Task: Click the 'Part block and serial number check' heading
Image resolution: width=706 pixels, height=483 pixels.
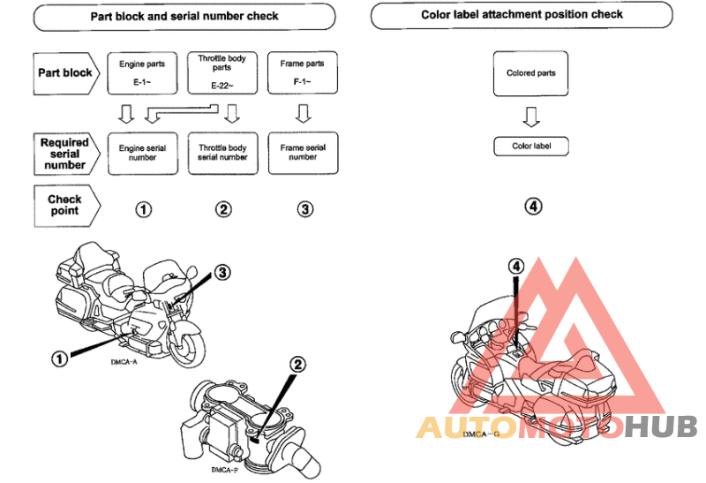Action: point(184,16)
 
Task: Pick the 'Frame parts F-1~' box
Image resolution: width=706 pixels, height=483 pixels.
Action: point(302,72)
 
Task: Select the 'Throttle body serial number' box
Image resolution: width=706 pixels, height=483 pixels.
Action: point(222,153)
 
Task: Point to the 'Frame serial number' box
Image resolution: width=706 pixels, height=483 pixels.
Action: point(302,153)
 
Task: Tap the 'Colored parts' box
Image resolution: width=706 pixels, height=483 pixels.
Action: point(531,73)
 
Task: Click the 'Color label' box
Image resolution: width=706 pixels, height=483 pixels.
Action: point(531,146)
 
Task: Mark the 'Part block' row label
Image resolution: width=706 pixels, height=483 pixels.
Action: point(65,72)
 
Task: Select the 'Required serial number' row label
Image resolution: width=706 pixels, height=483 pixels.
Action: point(65,153)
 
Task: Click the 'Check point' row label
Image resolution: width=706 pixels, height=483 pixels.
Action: point(64,205)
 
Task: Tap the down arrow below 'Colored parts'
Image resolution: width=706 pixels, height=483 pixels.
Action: point(531,117)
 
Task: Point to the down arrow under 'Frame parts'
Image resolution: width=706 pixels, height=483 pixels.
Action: point(303,114)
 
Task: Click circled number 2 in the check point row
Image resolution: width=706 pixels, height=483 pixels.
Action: point(223,209)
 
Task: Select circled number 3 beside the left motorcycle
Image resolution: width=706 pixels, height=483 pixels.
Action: point(222,273)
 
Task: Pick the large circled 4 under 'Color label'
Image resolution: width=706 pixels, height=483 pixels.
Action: point(532,207)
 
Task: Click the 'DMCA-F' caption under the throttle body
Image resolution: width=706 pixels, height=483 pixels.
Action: point(224,471)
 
